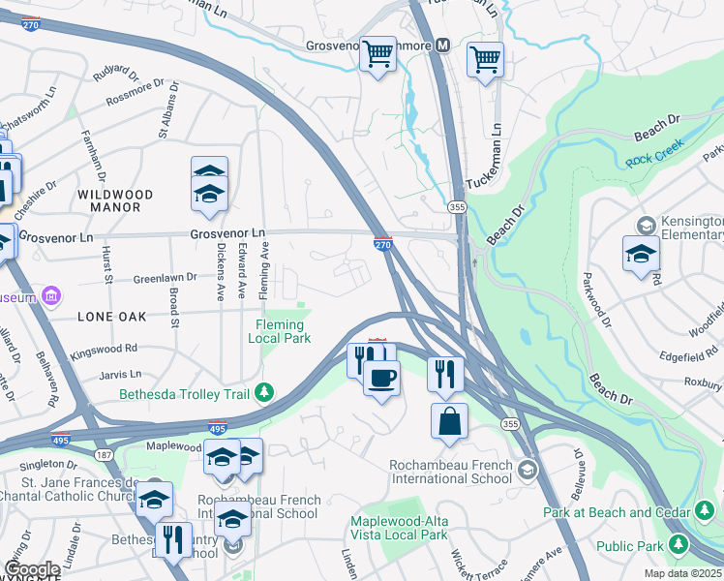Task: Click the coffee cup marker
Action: click(x=381, y=377)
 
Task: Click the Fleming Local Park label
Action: click(x=279, y=331)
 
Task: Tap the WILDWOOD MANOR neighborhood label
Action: click(x=109, y=200)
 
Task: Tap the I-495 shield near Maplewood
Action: click(x=218, y=426)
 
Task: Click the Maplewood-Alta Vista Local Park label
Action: click(x=399, y=528)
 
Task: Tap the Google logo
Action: click(x=31, y=568)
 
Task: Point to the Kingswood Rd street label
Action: click(x=103, y=350)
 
